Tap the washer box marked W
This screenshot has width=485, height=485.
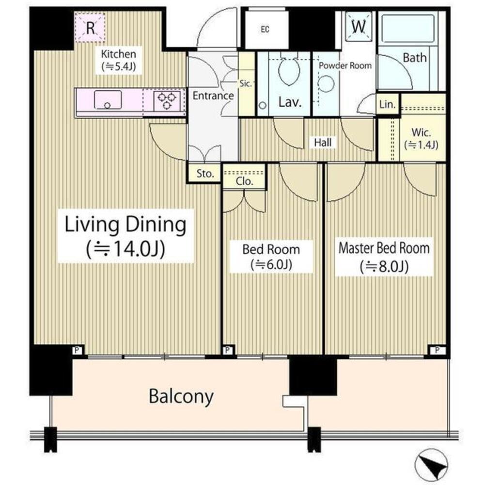click(x=358, y=27)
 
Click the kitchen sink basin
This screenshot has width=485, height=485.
click(x=108, y=100)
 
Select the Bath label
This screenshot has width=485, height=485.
click(x=415, y=58)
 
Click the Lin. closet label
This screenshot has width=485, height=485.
click(x=388, y=104)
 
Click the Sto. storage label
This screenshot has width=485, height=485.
click(x=205, y=174)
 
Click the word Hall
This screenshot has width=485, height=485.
click(x=323, y=143)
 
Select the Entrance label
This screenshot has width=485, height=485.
click(x=213, y=96)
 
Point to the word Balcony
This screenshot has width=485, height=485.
click(x=181, y=397)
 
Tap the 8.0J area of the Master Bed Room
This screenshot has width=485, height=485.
click(x=384, y=266)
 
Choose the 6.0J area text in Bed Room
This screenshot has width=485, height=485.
click(x=271, y=265)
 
